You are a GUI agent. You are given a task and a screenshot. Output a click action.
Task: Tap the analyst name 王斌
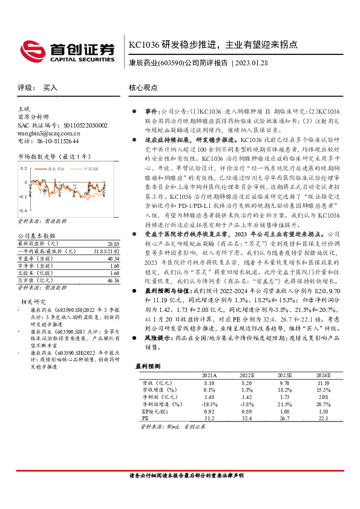tap(25, 109)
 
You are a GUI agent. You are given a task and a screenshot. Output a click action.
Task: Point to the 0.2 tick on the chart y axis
tap(23, 168)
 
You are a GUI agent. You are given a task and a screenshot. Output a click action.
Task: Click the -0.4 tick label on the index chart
tap(22, 196)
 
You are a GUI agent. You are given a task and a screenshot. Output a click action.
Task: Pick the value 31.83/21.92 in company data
tap(105, 234)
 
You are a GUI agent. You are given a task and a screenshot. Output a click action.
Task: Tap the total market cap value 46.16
tap(113, 264)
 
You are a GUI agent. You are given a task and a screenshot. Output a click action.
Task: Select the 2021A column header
tap(209, 375)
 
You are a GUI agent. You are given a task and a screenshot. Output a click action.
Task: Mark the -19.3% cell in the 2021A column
tap(209, 403)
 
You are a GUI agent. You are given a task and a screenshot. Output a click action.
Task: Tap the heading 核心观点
tap(143, 87)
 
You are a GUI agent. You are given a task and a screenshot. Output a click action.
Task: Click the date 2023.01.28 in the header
tap(260, 62)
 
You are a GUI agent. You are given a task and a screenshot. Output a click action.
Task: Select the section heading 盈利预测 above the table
tap(148, 366)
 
